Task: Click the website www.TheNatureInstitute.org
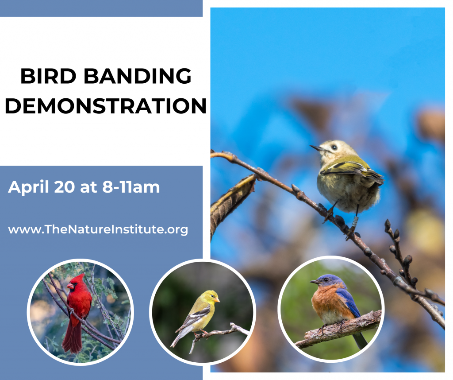[x=98, y=229]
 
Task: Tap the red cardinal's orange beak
[x=70, y=286]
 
